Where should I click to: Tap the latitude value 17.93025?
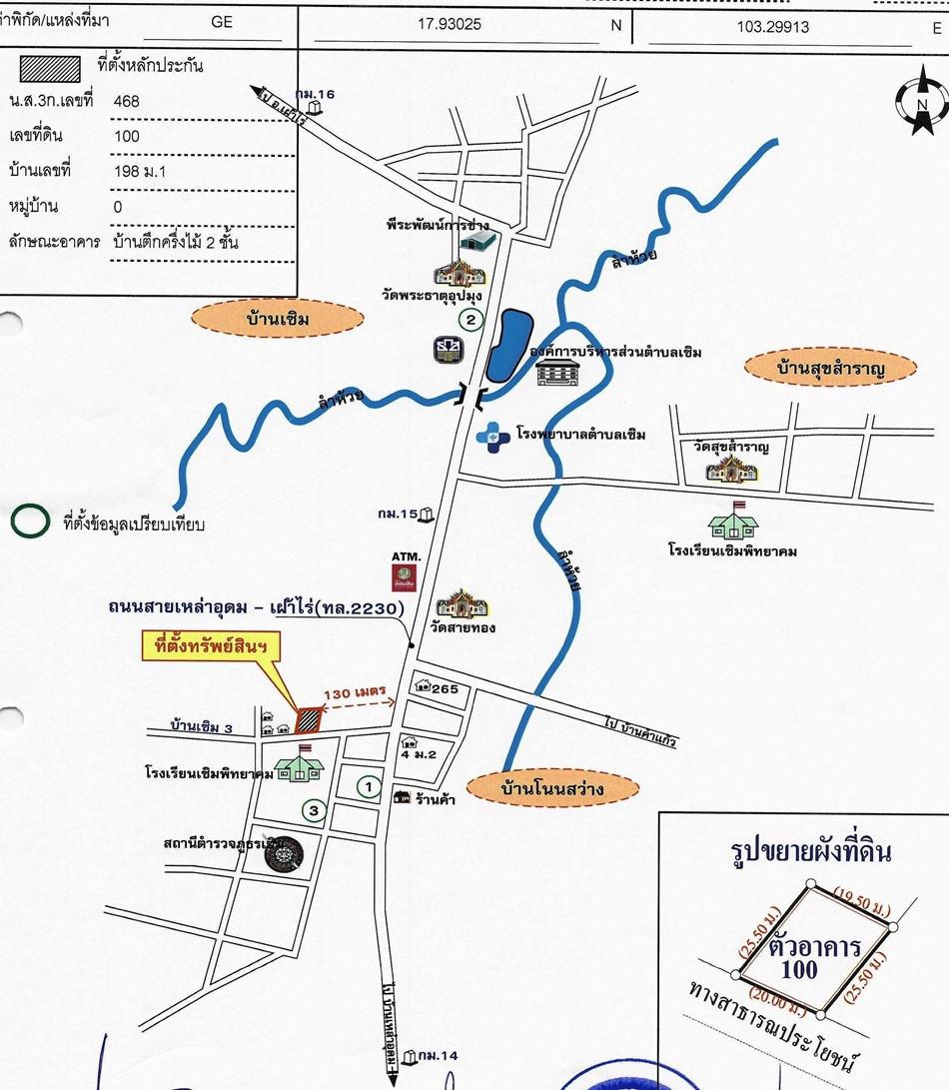(x=449, y=24)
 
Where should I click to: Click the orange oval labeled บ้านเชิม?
(x=277, y=320)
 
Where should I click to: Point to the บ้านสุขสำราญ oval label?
(x=831, y=369)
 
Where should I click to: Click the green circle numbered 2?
(x=471, y=320)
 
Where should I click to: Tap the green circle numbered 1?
(x=369, y=788)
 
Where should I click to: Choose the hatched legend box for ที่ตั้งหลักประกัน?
(x=49, y=67)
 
